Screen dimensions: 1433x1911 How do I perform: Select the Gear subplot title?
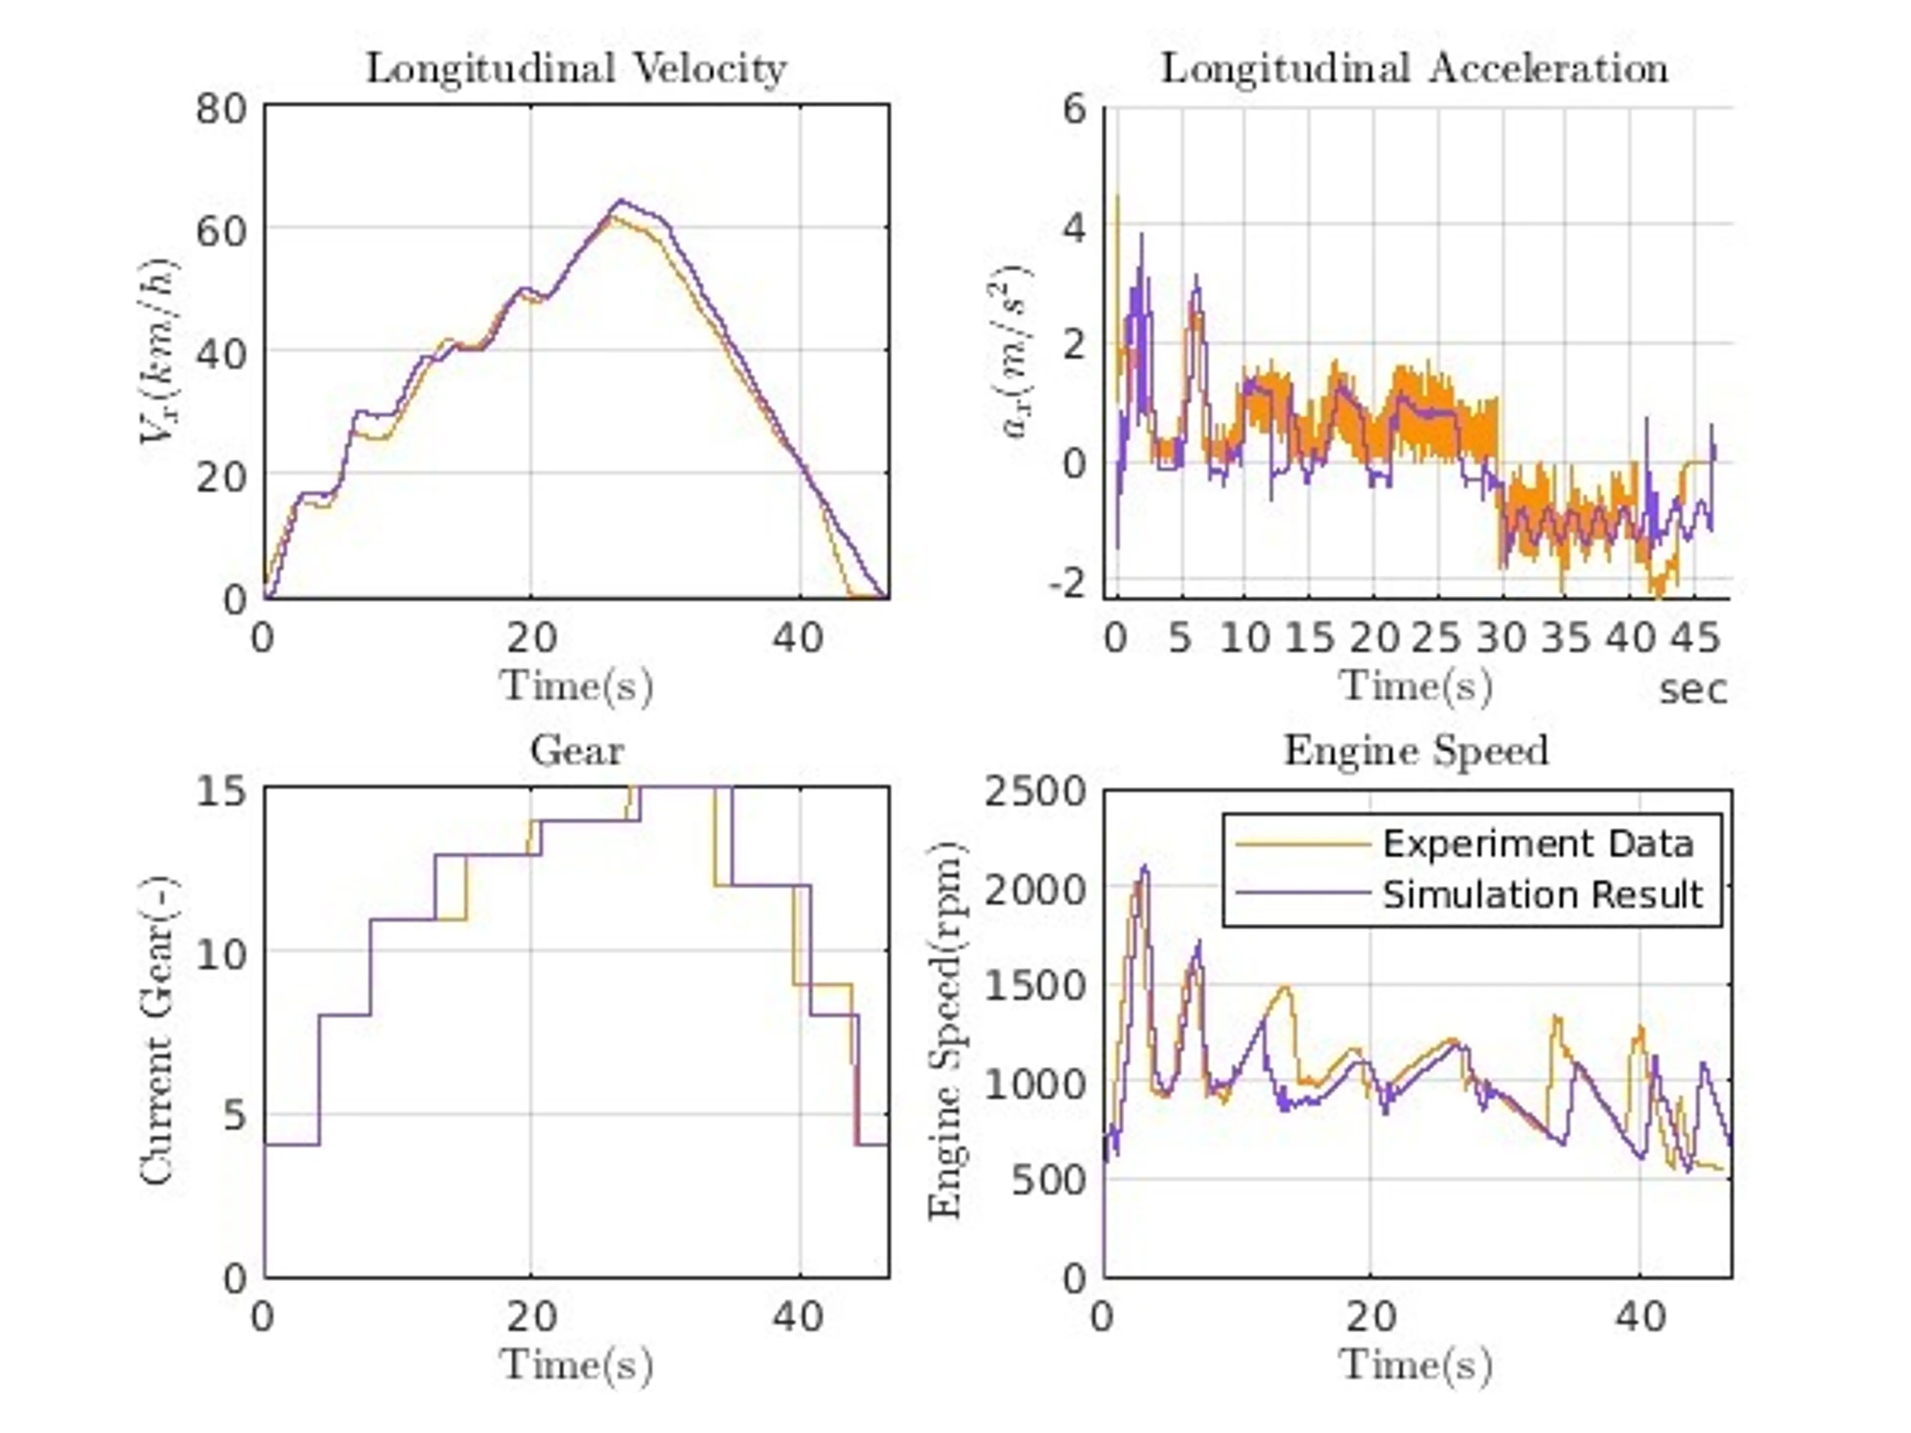click(576, 750)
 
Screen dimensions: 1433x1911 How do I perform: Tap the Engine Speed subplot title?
click(1416, 750)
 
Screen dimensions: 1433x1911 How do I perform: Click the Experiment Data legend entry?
click(1538, 844)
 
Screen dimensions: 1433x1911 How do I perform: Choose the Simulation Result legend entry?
click(1542, 895)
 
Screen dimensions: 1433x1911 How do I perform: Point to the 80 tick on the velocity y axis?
click(221, 109)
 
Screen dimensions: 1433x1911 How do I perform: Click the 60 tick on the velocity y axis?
click(221, 231)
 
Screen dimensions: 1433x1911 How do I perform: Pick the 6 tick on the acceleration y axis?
click(1075, 109)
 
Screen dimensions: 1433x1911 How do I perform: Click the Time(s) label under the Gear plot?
click(576, 1365)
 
